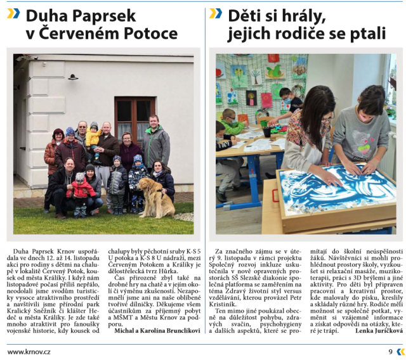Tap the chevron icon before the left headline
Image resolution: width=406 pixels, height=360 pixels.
pyautogui.click(x=13, y=13)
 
